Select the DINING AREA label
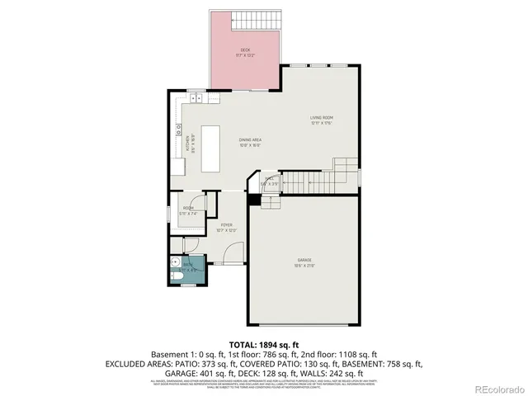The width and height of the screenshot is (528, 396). click(250, 140)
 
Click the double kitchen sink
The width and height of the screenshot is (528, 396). click(177, 130)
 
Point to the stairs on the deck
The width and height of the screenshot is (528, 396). click(262, 18)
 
